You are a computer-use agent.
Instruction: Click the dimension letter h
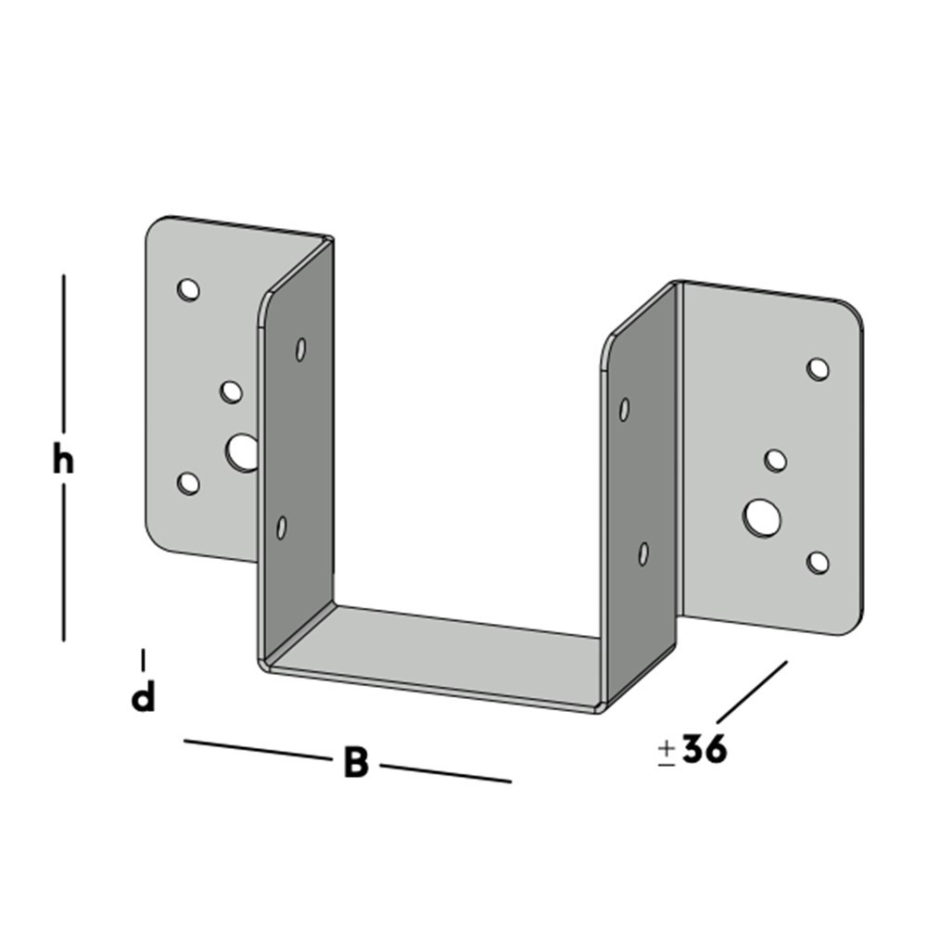pos(63,460)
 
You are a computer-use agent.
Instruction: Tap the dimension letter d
pos(143,697)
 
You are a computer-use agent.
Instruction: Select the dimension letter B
pos(357,762)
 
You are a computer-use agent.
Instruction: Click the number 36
pos(705,749)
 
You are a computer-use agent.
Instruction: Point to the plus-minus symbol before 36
pos(667,753)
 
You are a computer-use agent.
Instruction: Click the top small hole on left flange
pos(188,289)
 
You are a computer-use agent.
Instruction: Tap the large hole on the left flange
pos(241,453)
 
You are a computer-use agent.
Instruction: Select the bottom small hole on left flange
pos(188,483)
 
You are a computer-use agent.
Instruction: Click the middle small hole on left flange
pos(231,392)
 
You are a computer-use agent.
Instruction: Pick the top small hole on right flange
pos(818,369)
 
